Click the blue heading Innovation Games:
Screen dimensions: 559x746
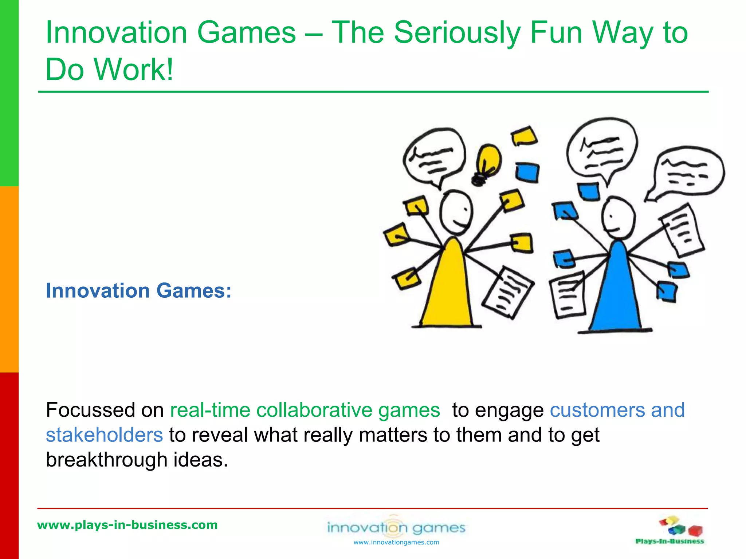pos(138,291)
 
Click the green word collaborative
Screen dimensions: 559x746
pos(314,411)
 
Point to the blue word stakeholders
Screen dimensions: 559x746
pos(104,435)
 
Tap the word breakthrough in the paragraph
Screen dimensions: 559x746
pos(106,460)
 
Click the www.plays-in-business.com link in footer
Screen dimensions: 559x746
pos(127,525)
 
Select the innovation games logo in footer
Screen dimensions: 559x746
pos(396,527)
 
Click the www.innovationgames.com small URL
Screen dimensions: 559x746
pos(396,543)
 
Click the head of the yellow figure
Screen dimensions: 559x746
pos(455,213)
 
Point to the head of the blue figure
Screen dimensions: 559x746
pos(618,217)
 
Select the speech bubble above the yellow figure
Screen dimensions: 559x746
pos(433,156)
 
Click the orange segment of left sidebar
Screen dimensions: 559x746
pos(9,279)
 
